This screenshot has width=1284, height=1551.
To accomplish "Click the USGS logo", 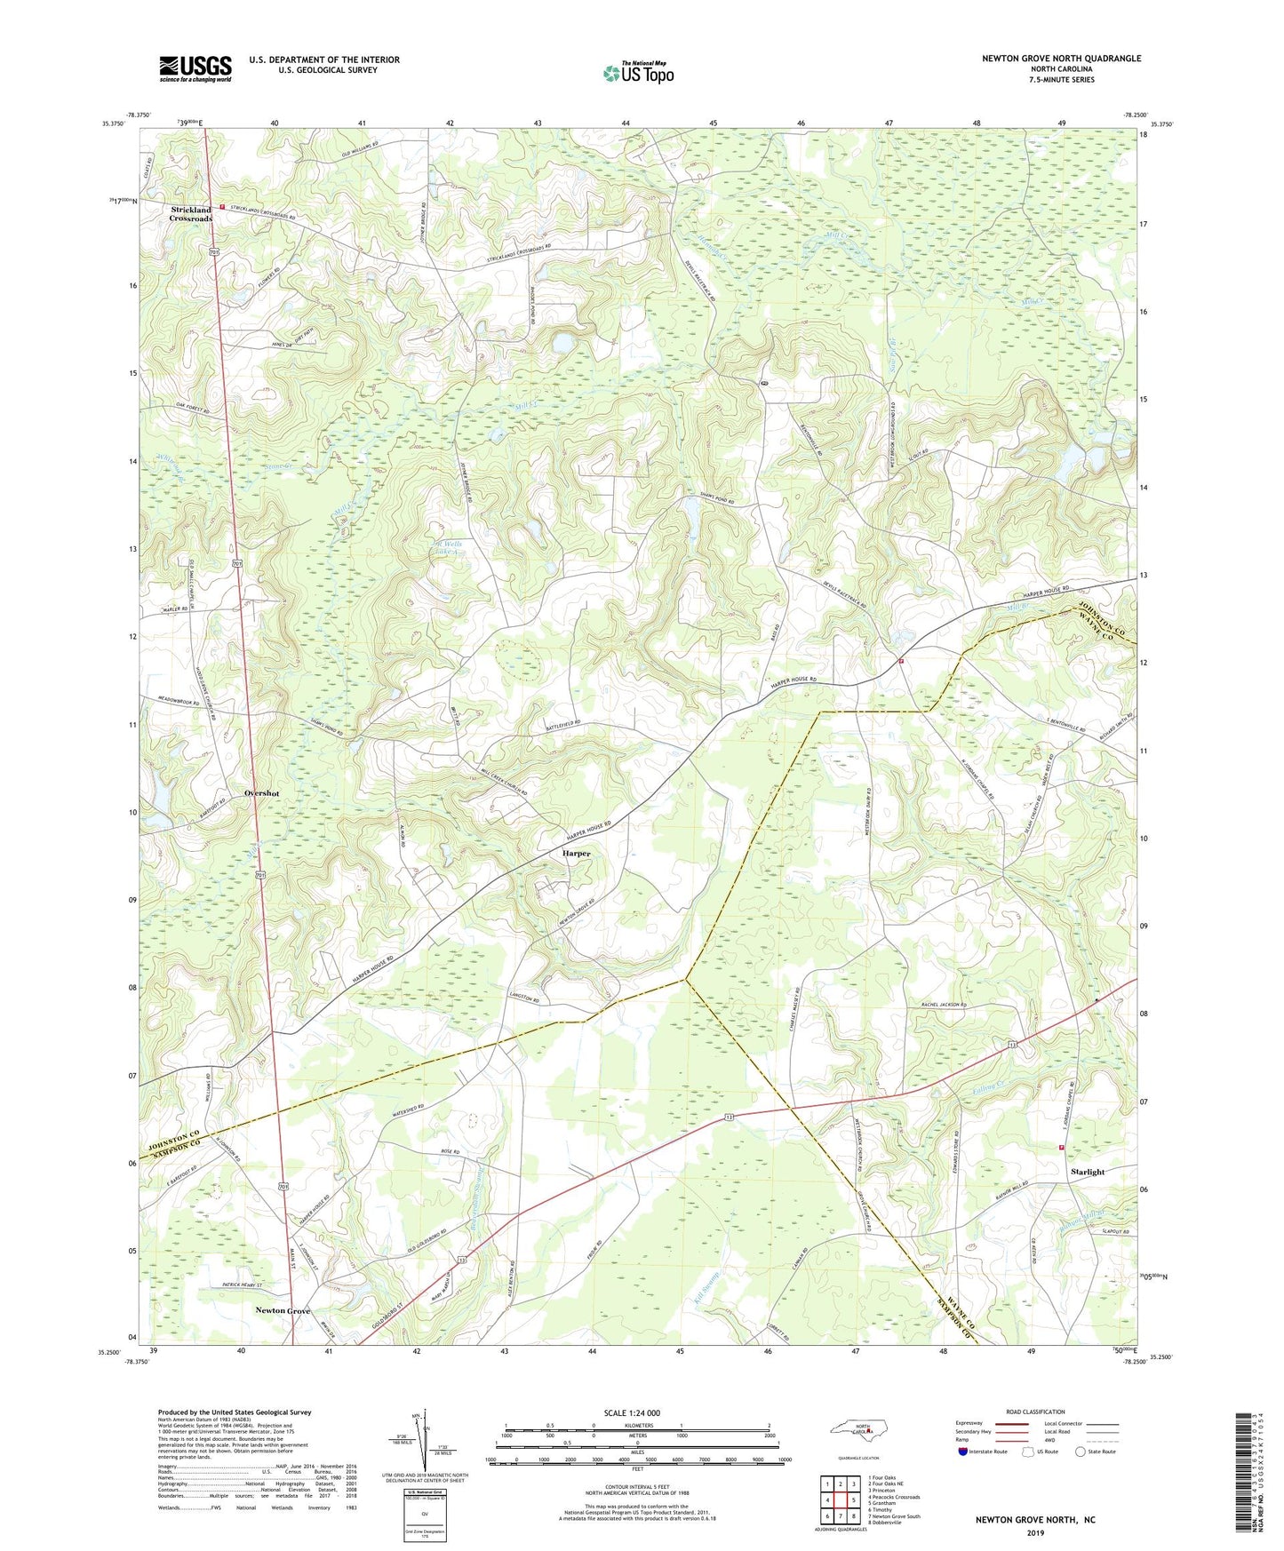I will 195,68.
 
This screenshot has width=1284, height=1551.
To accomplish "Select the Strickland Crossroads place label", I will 191,214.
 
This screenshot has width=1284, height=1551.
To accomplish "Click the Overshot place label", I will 261,793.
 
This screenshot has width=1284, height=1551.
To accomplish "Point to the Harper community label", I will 576,853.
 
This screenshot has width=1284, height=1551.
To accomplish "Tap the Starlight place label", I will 1088,1172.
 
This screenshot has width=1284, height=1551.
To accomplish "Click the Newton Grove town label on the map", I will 283,1310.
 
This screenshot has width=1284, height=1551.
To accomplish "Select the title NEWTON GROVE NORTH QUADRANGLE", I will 1061,59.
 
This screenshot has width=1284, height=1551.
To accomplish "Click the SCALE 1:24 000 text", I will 632,1413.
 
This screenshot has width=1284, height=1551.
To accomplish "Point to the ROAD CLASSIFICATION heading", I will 1034,1412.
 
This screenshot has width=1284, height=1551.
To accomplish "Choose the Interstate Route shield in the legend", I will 967,1452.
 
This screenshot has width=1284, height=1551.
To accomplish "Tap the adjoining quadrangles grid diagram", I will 840,1501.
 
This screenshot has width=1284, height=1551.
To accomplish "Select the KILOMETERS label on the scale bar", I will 636,1425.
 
